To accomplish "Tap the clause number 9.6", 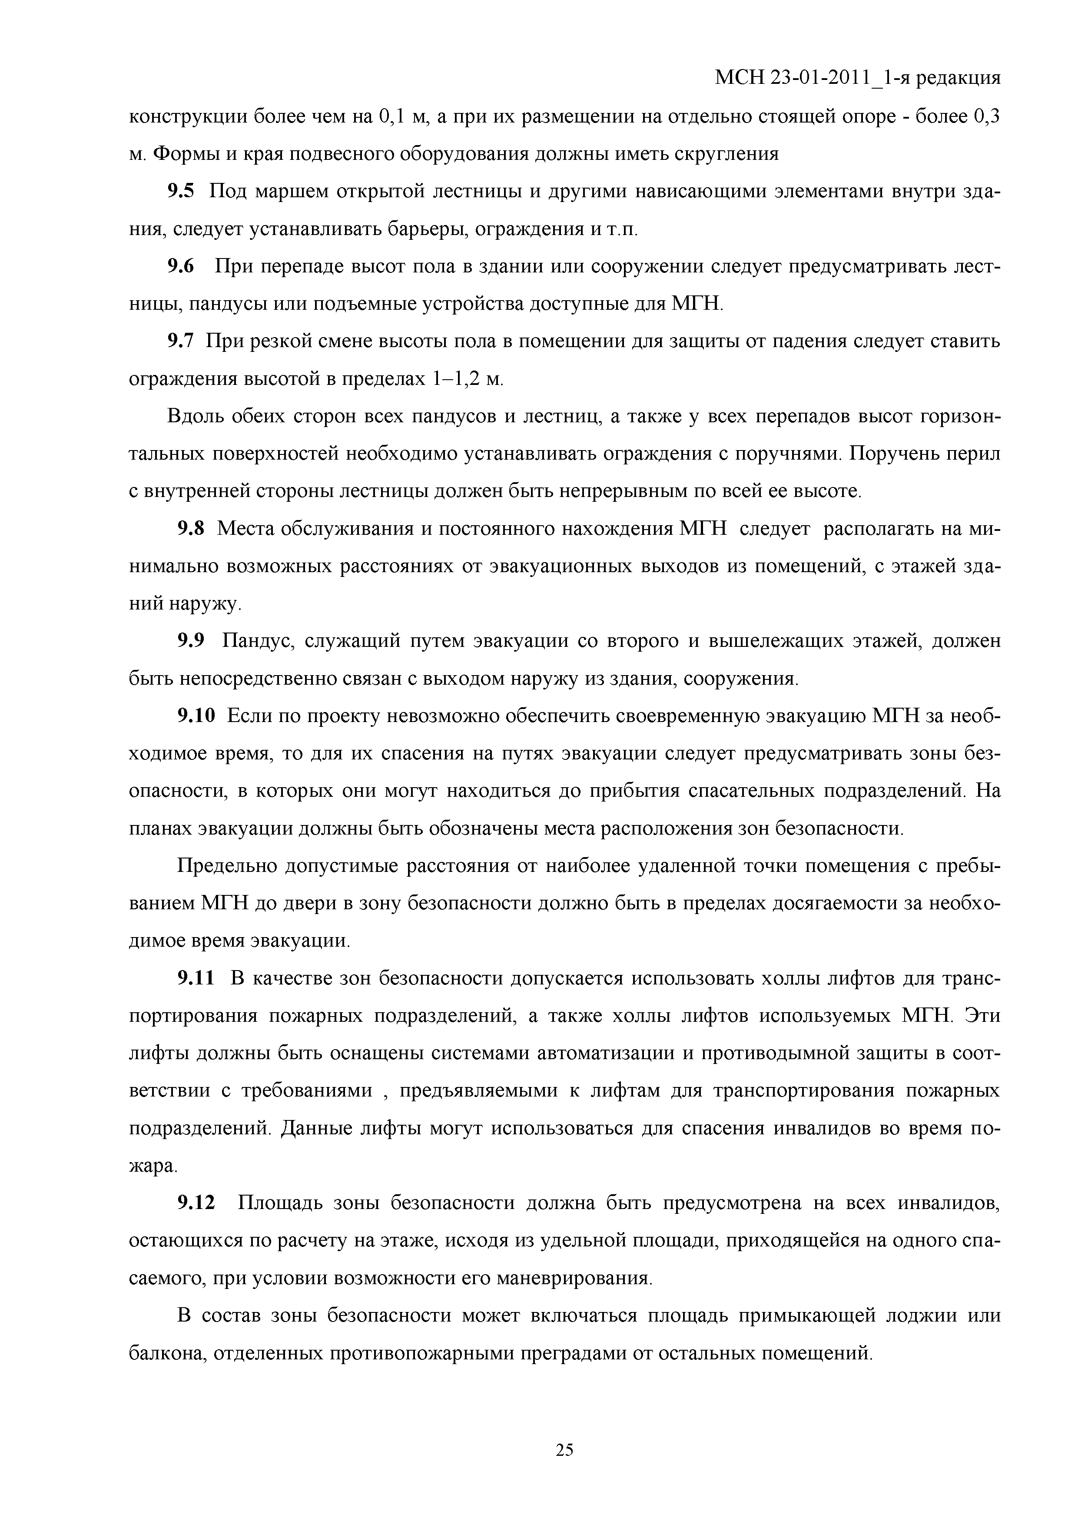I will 181,267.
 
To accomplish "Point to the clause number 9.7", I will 181,342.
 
